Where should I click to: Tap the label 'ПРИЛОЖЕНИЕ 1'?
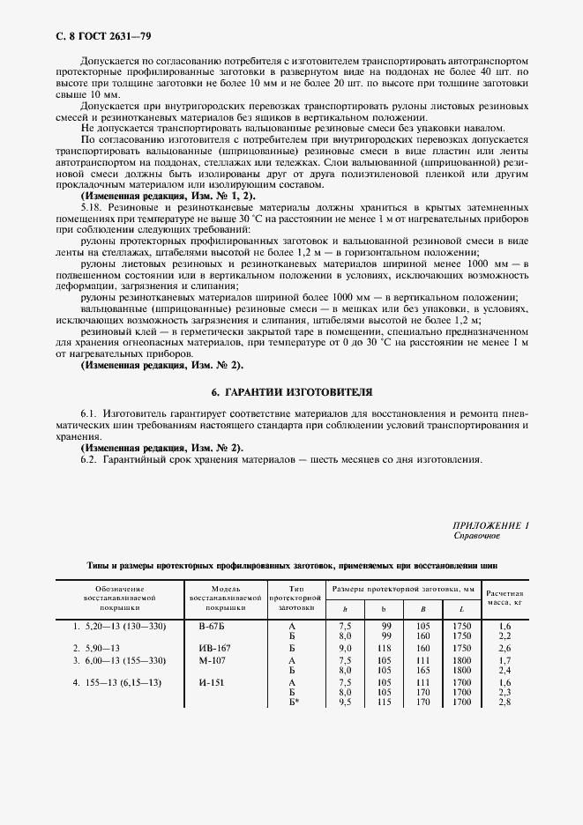[490, 524]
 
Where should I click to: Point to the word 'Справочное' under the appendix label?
[476, 535]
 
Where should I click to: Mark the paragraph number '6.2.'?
[92, 460]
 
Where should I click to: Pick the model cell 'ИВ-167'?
[213, 647]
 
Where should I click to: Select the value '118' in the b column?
[384, 647]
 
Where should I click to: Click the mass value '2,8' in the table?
[506, 702]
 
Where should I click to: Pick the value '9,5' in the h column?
[346, 702]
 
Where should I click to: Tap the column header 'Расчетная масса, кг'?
[505, 598]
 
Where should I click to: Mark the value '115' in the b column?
[384, 702]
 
